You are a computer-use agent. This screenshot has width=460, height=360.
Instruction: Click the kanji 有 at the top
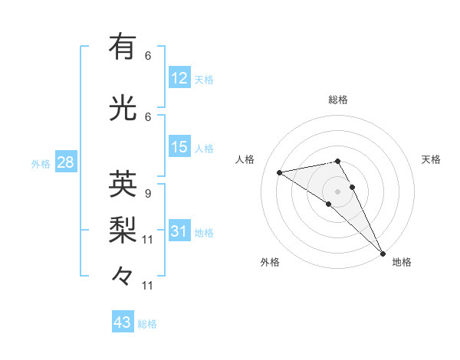[123, 46]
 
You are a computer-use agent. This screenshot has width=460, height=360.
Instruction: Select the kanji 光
[123, 107]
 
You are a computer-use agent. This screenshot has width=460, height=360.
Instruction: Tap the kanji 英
[123, 184]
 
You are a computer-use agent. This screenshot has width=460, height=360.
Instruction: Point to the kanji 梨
[123, 230]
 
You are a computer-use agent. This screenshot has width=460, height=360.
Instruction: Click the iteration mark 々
[122, 276]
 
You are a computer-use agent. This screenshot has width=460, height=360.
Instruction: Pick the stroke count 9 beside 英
[148, 194]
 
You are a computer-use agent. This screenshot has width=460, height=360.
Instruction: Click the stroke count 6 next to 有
[148, 56]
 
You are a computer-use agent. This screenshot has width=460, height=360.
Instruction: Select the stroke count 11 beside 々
[147, 286]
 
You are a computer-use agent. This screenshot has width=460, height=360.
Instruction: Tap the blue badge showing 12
[179, 77]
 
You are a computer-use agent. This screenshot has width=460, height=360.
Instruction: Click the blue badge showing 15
[179, 146]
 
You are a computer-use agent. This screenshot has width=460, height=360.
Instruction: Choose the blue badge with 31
[179, 230]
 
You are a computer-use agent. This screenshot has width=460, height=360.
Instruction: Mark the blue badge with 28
[66, 162]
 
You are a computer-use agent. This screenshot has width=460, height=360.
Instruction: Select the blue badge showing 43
[123, 321]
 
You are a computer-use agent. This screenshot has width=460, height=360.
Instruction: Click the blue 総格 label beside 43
[147, 324]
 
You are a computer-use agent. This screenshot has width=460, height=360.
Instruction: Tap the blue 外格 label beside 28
[41, 164]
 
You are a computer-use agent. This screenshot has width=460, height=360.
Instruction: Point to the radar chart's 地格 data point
[383, 254]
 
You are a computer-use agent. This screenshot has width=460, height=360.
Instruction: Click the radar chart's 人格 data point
[279, 172]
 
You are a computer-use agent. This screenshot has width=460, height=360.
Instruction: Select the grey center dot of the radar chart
[337, 191]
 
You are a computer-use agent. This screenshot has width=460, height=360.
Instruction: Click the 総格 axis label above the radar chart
[338, 100]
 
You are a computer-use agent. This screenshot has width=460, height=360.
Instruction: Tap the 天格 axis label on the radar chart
[431, 159]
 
